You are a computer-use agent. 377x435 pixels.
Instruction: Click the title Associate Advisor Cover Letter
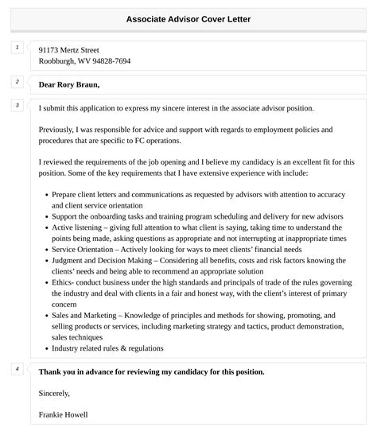(188, 18)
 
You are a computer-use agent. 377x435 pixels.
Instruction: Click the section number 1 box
(17, 49)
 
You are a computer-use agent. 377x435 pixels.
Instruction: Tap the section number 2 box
(17, 82)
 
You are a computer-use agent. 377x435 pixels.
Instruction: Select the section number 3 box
(17, 105)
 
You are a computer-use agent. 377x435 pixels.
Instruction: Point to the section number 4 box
(17, 369)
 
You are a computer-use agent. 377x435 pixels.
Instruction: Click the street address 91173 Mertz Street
(68, 49)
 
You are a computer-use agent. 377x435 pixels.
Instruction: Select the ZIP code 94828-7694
(111, 61)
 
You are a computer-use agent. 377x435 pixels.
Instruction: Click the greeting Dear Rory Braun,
(69, 84)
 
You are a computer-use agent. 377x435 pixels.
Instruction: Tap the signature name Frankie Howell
(63, 414)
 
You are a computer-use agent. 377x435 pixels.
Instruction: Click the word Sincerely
(53, 393)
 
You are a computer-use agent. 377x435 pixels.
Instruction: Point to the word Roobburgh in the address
(57, 61)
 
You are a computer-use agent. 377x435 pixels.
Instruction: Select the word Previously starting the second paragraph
(59, 129)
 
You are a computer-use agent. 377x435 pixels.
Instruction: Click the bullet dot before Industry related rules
(45, 348)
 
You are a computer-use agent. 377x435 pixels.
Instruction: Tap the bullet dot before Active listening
(45, 227)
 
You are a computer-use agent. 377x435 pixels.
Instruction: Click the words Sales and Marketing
(85, 315)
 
